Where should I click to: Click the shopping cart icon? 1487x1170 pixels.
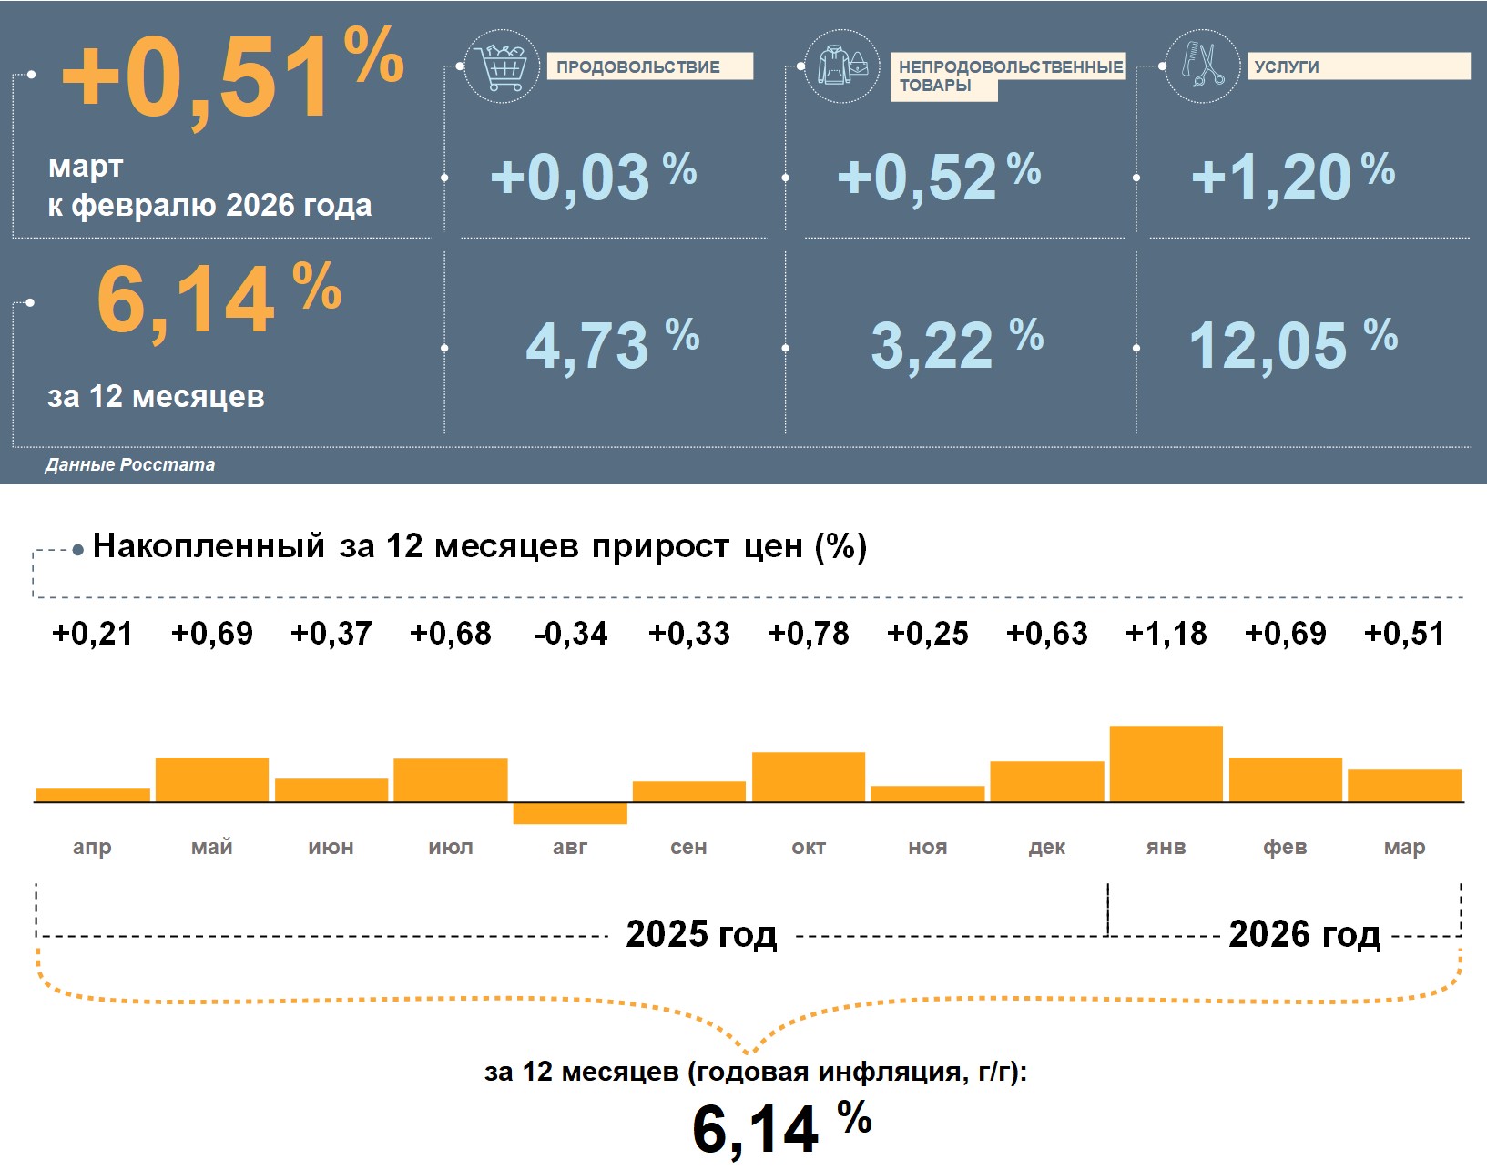502,66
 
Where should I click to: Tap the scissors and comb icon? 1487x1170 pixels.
1202,66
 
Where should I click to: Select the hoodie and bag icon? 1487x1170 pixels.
842,66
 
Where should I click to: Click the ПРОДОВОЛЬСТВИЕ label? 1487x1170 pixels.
648,66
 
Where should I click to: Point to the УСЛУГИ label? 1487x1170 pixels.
1286,66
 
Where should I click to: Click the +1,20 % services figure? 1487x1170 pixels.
1292,176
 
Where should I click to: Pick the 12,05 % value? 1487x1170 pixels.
1292,345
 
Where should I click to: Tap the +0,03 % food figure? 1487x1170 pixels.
593,176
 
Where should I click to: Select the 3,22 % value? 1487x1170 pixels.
956,345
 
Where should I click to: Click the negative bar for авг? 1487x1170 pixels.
570,813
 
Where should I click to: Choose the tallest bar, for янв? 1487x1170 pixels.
1166,764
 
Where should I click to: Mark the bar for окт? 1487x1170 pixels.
809,777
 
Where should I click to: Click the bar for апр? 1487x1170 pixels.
93,795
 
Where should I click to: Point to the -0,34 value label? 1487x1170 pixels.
571,633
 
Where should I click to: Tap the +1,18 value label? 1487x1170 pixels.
1166,633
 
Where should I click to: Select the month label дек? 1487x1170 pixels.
1046,847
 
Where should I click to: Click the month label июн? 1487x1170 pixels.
331,847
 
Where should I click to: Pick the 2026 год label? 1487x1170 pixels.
1304,934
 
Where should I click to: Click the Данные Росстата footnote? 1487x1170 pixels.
130,464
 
